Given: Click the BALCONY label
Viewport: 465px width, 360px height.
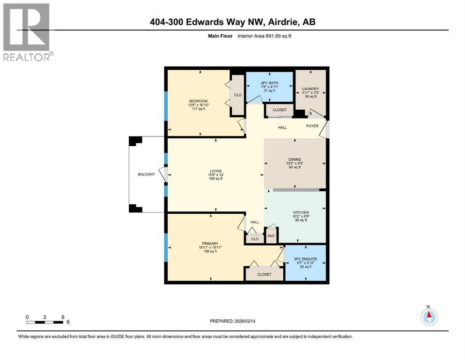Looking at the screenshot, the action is pos(146,174).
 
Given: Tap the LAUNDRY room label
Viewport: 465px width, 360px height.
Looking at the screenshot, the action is pos(310,89).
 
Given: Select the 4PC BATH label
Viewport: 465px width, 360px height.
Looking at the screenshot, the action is pos(270,83).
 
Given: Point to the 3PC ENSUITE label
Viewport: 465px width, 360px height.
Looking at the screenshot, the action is pos(305,259).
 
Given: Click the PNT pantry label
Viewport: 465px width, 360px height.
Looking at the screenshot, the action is pos(271,236).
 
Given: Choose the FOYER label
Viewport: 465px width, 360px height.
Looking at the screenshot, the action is pos(312,126).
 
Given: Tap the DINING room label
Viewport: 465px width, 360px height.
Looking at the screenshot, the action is pos(295,159).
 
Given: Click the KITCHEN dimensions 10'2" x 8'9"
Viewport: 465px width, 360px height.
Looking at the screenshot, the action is pos(301,217).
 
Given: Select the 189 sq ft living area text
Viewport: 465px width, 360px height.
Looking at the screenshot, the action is pos(215,179).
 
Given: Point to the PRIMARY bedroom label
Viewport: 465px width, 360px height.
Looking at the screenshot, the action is pos(210,244).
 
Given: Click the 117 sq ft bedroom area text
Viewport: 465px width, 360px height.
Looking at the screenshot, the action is pos(199,109).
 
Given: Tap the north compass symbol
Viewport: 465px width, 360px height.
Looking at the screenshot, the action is pos(429,317).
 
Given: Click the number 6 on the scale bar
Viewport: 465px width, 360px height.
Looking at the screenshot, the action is pos(63,317).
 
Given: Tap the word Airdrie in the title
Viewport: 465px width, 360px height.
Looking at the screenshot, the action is pos(283,22).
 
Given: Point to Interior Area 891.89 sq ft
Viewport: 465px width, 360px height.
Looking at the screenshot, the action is pos(264,36).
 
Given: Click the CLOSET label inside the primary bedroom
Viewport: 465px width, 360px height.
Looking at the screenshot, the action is pos(264,275).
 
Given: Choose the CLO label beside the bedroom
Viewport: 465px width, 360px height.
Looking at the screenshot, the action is pos(238,95).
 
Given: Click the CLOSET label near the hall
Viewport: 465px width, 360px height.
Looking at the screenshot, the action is pos(280,110).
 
